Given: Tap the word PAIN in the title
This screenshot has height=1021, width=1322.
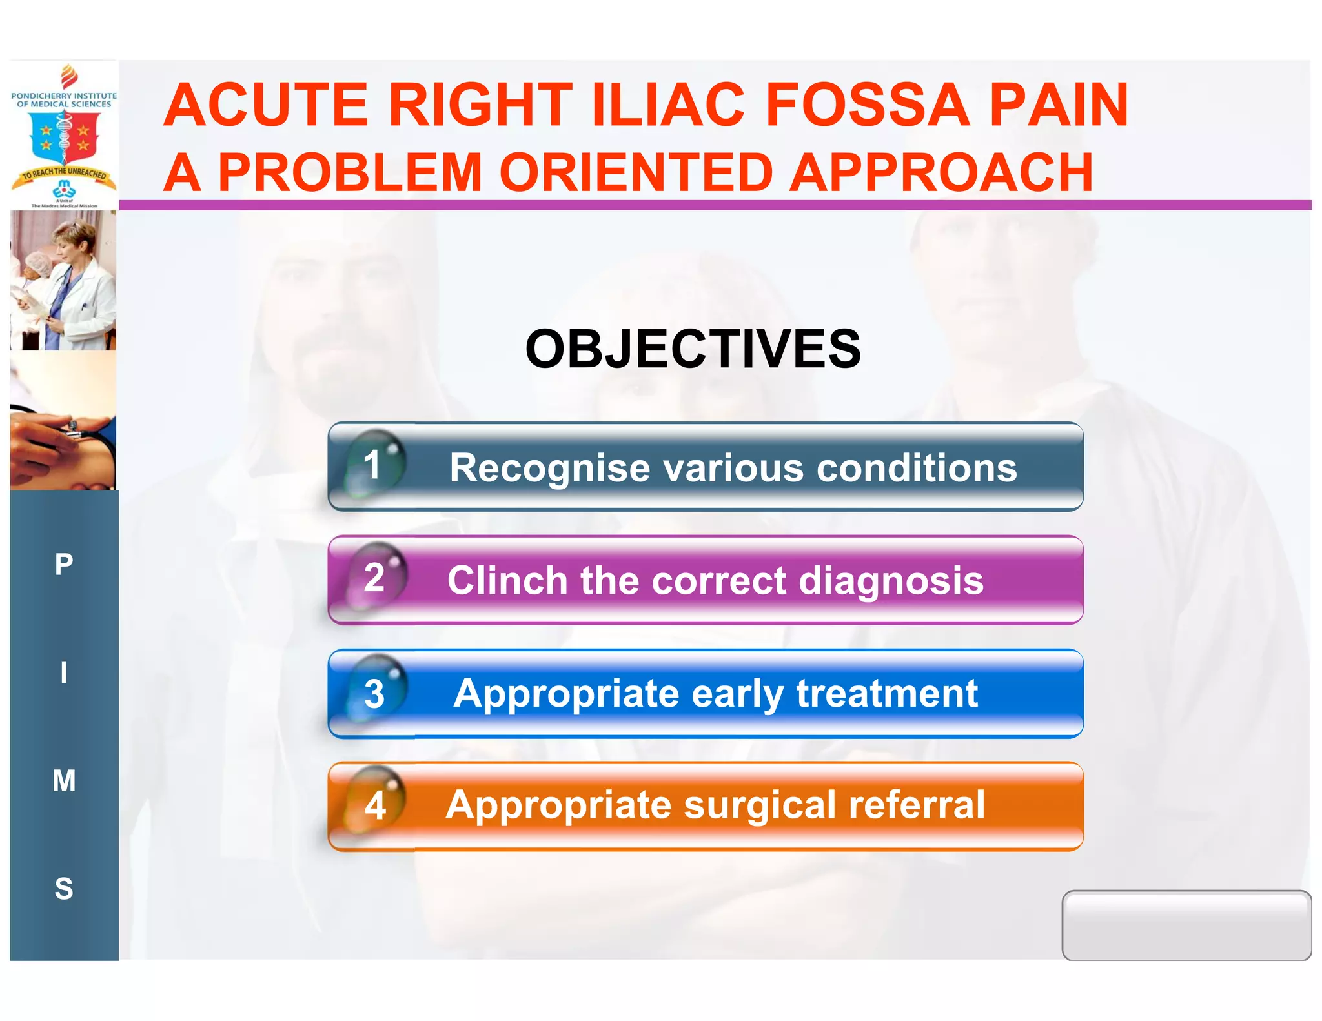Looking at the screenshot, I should point(1059,105).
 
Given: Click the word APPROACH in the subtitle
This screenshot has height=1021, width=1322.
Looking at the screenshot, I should point(942,173).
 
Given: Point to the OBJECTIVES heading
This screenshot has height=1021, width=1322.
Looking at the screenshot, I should point(693,349).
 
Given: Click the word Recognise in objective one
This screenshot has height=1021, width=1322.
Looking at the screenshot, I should point(549,468).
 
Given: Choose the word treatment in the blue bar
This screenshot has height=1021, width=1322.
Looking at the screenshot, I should point(887,694).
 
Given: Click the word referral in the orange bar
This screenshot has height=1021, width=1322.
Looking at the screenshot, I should point(917,805).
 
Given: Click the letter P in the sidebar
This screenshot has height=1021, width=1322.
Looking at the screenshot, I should point(64,565).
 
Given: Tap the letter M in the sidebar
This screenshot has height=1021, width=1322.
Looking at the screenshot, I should point(64,781).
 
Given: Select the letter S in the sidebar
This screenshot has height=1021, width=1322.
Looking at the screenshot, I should point(64,889).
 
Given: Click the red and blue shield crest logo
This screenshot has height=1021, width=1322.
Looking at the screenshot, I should point(65,137).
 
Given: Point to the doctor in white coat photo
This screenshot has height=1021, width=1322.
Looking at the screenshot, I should point(63,281).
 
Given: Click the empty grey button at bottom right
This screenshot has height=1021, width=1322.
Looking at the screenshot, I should point(1186,925).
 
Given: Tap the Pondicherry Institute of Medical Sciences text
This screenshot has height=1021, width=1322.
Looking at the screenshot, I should point(64,99).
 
